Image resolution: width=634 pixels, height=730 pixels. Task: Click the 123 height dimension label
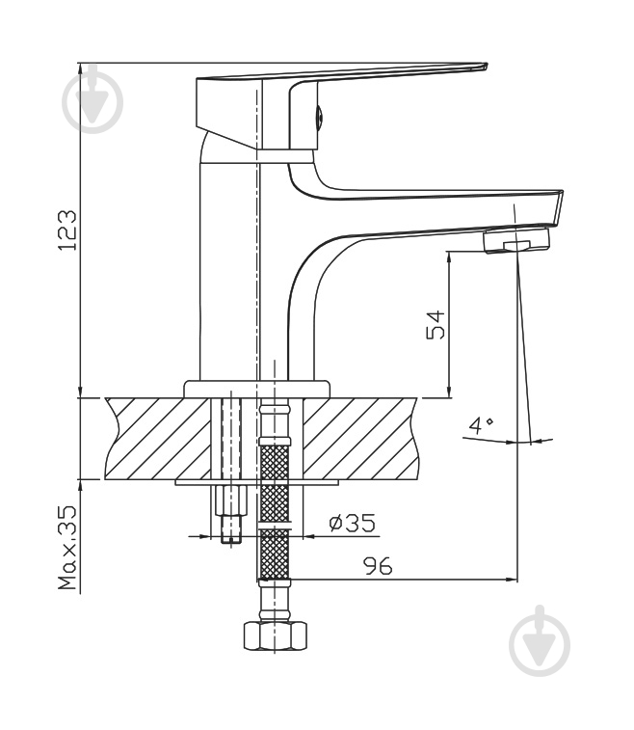tap(67, 230)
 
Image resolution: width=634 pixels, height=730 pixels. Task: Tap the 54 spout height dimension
tap(436, 324)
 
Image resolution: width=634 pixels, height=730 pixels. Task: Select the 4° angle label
tap(481, 425)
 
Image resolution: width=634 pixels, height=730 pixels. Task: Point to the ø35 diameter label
tap(352, 523)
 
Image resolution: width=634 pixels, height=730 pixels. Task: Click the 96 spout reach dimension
tap(378, 566)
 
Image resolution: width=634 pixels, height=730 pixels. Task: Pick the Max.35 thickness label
tap(67, 548)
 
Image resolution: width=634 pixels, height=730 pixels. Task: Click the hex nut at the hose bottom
tap(276, 635)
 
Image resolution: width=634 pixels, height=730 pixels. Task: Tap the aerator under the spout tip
tap(516, 240)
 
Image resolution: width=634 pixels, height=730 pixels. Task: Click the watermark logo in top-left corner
tap(92, 100)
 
